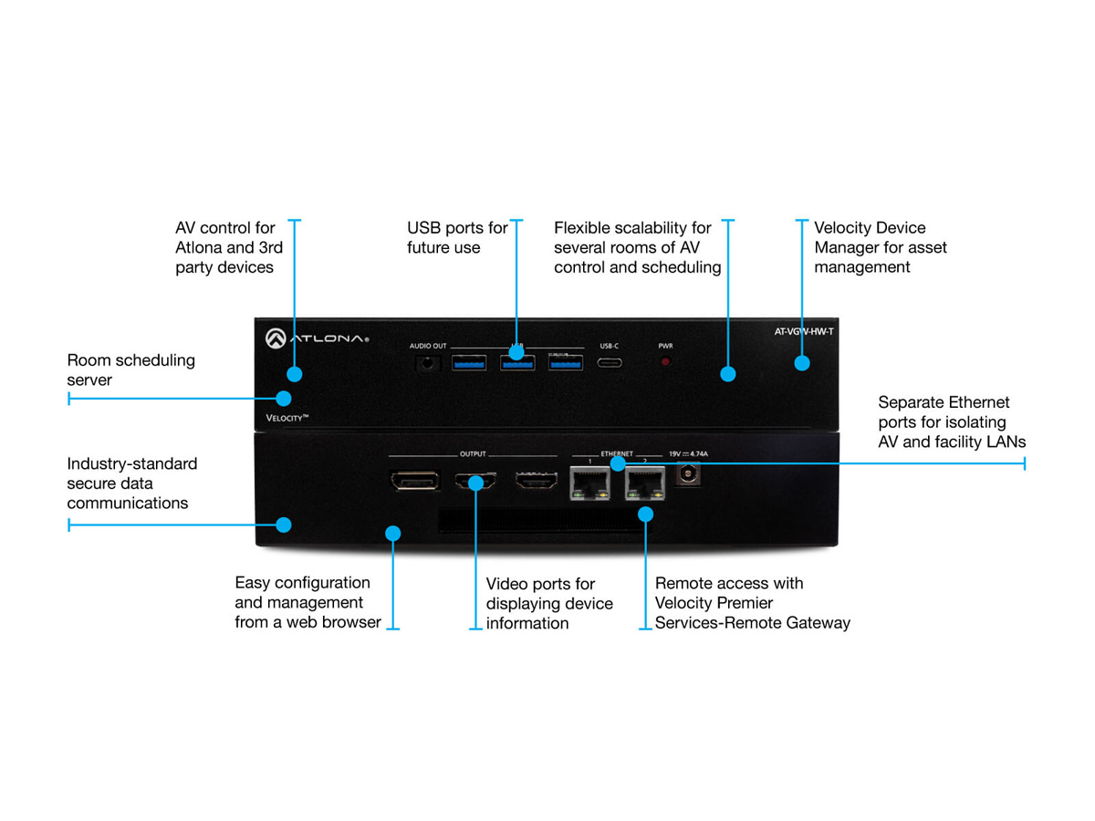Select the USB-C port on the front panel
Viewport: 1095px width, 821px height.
pos(610,362)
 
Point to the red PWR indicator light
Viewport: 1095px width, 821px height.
pos(665,362)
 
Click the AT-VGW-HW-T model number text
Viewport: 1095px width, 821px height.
pos(798,331)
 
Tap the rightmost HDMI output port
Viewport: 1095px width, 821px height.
pos(535,482)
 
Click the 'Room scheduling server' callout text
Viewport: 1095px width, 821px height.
pos(130,370)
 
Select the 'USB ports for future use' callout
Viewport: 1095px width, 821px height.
pos(457,237)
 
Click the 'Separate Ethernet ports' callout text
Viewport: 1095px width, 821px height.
pos(952,421)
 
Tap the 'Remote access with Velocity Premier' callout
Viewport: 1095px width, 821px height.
pos(752,603)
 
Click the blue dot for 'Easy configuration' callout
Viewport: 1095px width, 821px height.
pos(393,532)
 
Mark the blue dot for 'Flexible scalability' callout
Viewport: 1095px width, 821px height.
pos(727,373)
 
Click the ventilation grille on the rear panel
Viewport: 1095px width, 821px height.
pos(538,522)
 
